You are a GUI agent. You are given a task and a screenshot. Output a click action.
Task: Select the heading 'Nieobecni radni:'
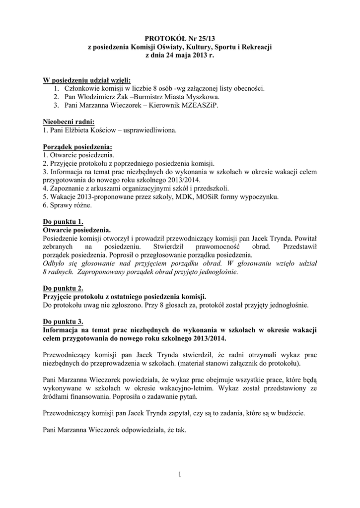(69, 122)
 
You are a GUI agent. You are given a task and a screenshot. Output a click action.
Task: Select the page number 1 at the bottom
(180, 475)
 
